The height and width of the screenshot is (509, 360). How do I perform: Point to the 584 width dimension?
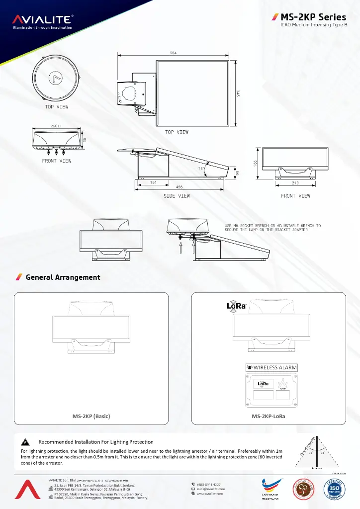[173, 53]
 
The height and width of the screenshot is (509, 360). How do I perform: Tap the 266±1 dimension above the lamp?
[56, 126]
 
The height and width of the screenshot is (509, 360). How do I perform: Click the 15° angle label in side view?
[201, 169]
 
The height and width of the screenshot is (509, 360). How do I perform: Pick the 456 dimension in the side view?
[179, 187]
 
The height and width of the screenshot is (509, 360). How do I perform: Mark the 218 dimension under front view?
[295, 183]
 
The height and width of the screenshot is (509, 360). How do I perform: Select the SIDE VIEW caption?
[177, 196]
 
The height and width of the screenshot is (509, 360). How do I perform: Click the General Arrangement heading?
[63, 277]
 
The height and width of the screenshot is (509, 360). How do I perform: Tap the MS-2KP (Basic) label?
[91, 416]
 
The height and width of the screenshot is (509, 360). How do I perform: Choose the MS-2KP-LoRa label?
[269, 416]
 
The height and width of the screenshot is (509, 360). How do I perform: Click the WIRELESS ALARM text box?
[271, 368]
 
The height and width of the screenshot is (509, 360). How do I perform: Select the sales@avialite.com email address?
[211, 489]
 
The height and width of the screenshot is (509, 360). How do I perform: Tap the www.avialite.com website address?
[211, 494]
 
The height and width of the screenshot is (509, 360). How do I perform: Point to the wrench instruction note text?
[273, 228]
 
